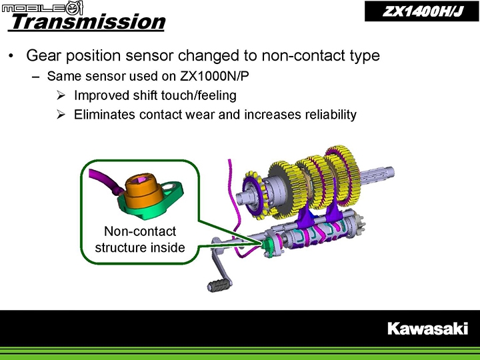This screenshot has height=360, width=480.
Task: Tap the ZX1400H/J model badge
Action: pos(422,11)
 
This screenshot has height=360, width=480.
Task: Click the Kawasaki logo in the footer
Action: pos(427,329)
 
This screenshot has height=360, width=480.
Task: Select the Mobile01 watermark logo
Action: pos(42,7)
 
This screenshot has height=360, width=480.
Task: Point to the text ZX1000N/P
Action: pos(214,76)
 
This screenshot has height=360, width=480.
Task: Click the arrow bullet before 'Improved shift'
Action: pos(61,95)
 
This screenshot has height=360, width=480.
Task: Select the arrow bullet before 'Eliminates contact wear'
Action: pos(61,115)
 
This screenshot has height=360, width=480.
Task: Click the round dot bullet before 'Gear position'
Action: pos(11,56)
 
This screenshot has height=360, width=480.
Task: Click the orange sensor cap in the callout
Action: pos(143,191)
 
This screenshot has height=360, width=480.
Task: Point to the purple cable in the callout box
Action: pos(103,182)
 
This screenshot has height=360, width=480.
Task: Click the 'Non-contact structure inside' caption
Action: pos(140,239)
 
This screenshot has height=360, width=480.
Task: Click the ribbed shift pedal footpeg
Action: pos(219,285)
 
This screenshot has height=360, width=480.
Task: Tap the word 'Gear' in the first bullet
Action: pos(43,55)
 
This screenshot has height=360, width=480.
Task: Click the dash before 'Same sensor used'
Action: pos(36,77)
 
